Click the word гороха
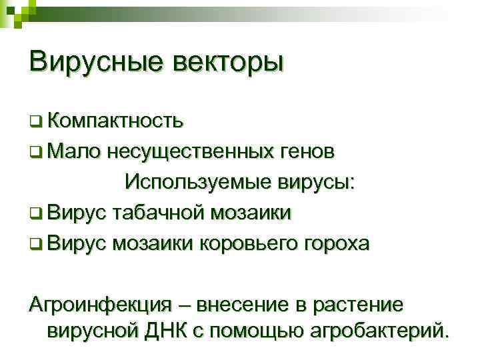click(x=335, y=243)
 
